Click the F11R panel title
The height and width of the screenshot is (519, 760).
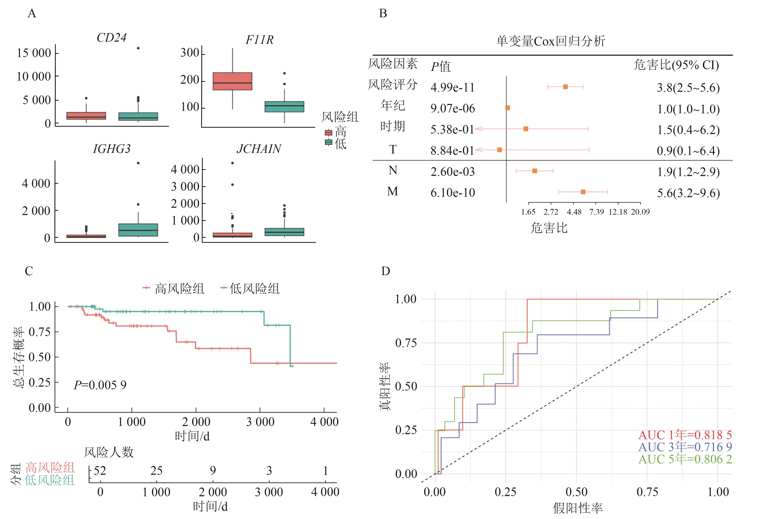(x=259, y=40)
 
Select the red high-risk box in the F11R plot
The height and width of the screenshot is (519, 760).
(x=232, y=81)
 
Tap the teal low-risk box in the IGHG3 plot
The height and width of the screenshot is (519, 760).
(x=138, y=230)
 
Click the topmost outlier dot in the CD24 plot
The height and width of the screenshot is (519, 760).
(x=138, y=48)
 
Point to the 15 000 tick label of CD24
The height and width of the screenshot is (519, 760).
(x=34, y=53)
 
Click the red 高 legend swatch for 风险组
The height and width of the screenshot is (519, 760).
(x=328, y=132)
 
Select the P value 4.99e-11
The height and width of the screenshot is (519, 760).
(x=452, y=88)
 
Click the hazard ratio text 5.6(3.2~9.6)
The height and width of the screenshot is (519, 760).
(x=688, y=193)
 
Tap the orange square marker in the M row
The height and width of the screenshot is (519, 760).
(x=583, y=192)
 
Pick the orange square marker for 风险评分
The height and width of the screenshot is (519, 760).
(x=565, y=87)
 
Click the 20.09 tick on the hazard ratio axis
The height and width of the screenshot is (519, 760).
(x=640, y=212)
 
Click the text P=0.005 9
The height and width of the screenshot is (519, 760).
(x=100, y=385)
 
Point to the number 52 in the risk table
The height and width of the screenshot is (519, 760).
(x=100, y=471)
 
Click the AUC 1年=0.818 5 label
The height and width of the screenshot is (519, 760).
(x=685, y=435)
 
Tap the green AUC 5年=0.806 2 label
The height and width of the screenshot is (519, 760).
(x=685, y=459)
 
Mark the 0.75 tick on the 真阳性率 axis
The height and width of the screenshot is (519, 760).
(x=406, y=343)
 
